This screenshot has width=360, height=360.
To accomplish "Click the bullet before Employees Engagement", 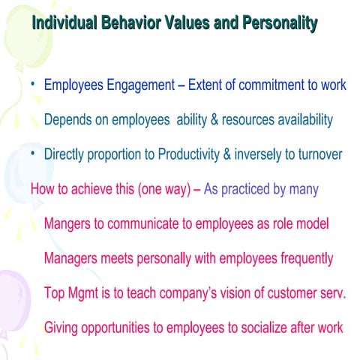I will [33, 83].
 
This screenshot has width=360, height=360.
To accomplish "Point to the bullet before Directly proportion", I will [33, 153].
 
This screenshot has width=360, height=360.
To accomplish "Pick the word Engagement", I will [140, 85].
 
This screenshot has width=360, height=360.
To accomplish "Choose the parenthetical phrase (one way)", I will [162, 189].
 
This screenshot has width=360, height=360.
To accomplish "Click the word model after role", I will [312, 223].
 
